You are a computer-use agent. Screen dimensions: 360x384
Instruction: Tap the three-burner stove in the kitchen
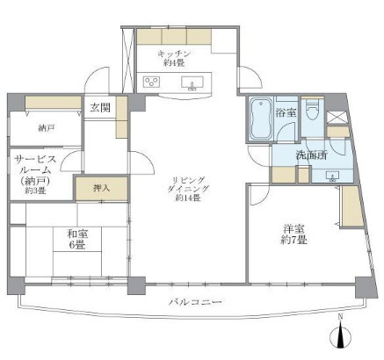[151, 83]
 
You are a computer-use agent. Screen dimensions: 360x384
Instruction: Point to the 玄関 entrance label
[98, 107]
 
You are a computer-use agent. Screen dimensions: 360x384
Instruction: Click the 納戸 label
[46, 129]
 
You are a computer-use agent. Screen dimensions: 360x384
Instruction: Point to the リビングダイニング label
[187, 186]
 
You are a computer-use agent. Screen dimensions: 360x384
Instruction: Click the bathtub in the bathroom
[261, 119]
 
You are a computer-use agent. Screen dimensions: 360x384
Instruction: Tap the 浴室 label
[285, 113]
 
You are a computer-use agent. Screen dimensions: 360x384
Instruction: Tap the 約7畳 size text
[293, 239]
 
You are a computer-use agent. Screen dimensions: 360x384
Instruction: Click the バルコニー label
[192, 302]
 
